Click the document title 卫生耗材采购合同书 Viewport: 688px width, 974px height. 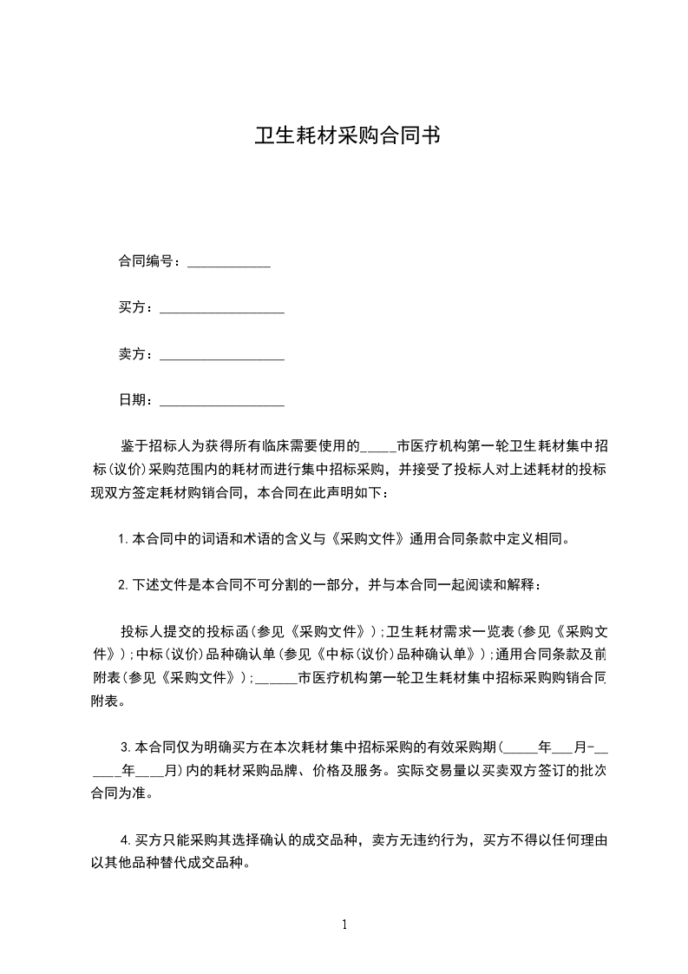pyautogui.click(x=344, y=136)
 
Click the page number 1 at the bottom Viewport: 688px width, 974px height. pyautogui.click(x=344, y=924)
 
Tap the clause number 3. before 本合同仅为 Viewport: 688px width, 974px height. pyautogui.click(x=127, y=747)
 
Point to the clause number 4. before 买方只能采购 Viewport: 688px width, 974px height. pyautogui.click(x=127, y=840)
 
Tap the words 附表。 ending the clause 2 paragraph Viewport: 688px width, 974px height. pyautogui.click(x=108, y=701)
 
